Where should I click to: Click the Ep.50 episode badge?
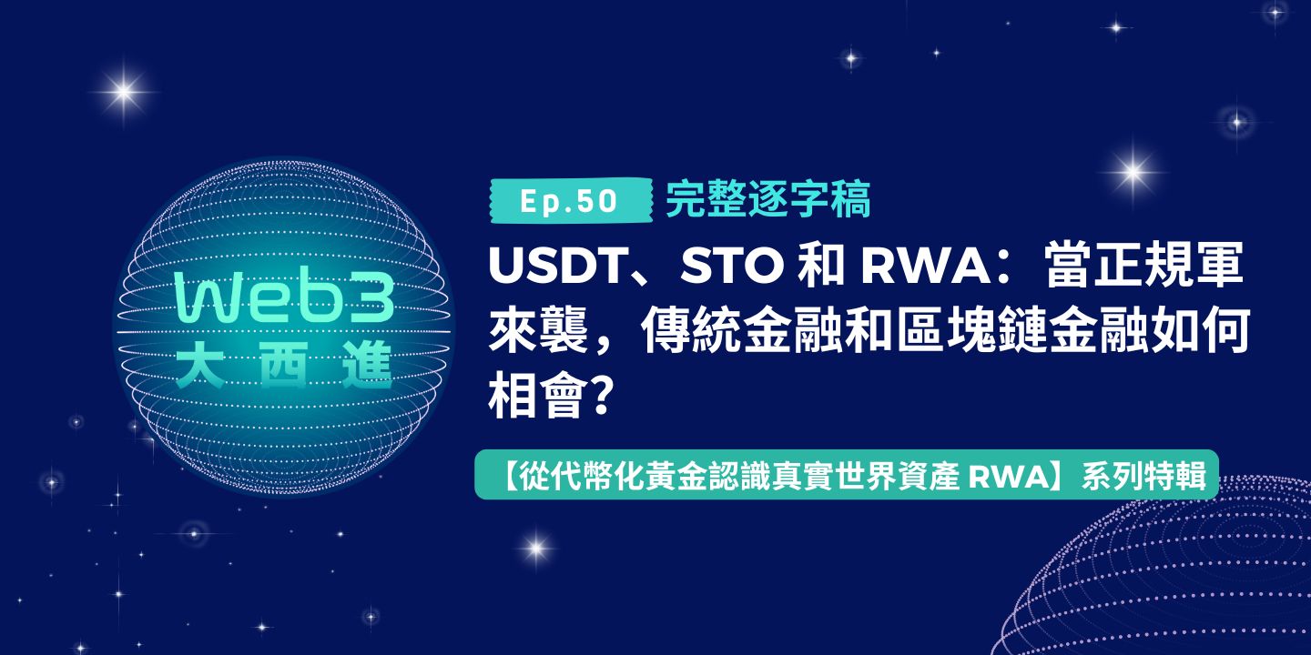[x=571, y=200]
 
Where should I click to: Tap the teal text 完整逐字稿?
[x=767, y=199]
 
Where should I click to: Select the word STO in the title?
[x=732, y=266]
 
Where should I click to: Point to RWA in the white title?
[x=923, y=266]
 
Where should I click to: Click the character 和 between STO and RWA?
[x=822, y=267]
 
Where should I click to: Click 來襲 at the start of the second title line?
[x=539, y=332]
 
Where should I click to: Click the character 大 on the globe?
[x=199, y=365]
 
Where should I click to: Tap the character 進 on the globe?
[x=368, y=365]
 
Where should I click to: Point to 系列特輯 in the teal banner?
[x=1144, y=478]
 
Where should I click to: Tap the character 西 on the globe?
[x=284, y=365]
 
